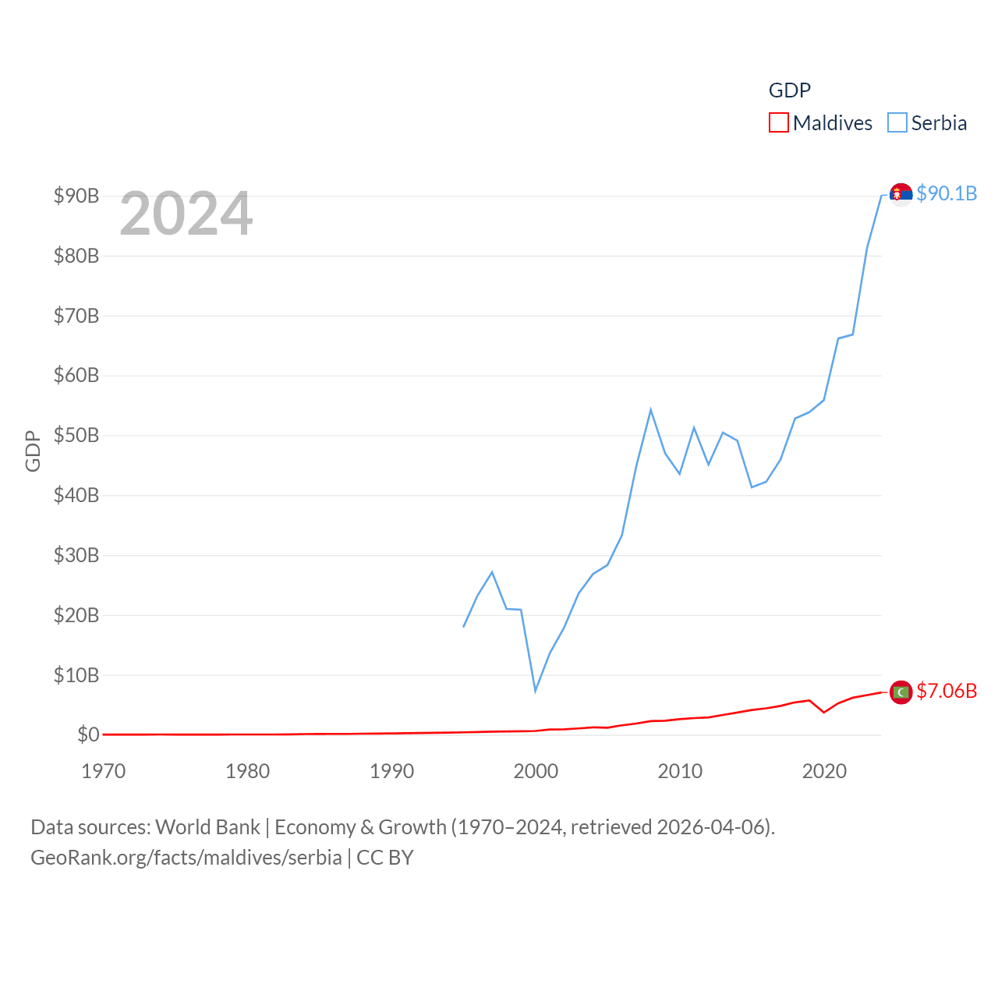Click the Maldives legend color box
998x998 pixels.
[x=778, y=123]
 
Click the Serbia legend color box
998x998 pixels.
[x=897, y=123]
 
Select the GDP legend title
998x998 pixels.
[x=789, y=90]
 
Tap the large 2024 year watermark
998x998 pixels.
[x=186, y=213]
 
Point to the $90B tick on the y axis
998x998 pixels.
[x=76, y=196]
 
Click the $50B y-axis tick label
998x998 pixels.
[x=76, y=435]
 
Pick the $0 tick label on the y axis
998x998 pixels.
[x=87, y=734]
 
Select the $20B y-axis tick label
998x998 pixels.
[x=76, y=615]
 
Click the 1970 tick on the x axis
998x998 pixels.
[x=104, y=771]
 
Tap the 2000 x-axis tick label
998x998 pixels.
[x=536, y=771]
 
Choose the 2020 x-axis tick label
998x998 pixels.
[x=824, y=771]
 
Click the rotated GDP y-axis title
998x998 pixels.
[x=33, y=451]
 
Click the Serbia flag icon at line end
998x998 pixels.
[x=901, y=194]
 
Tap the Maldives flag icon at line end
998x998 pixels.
[x=901, y=692]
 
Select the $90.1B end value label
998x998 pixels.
[x=947, y=193]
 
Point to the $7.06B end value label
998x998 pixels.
[x=947, y=691]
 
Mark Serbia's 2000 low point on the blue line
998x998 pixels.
[x=535, y=690]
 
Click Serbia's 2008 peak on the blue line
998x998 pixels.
[x=650, y=410]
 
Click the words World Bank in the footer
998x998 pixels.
[x=207, y=826]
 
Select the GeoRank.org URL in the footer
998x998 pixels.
[x=186, y=858]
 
